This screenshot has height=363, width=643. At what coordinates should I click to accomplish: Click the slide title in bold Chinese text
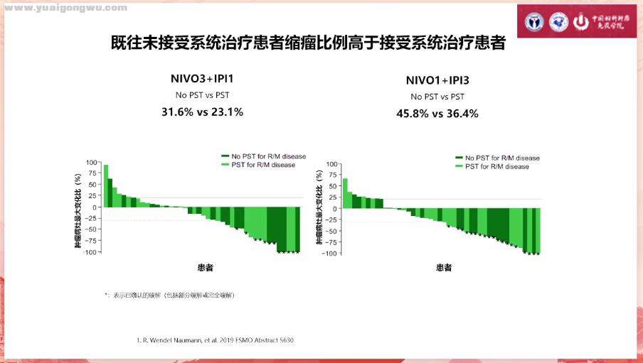point(309,43)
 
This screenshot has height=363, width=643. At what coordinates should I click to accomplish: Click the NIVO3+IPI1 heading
point(202,78)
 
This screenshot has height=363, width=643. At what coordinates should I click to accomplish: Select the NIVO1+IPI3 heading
point(437,80)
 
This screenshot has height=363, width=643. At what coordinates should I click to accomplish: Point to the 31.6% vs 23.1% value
point(202,112)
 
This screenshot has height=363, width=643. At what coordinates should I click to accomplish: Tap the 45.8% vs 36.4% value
point(437,113)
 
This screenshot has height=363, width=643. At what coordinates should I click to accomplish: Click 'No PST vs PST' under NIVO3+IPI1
point(202,94)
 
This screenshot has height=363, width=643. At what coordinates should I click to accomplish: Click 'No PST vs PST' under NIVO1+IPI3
point(437,97)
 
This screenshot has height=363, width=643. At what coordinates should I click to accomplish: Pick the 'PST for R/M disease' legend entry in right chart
point(496,166)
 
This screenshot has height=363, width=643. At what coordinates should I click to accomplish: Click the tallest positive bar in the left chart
point(106,185)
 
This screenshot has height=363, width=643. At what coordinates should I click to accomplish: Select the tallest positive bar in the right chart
point(345,193)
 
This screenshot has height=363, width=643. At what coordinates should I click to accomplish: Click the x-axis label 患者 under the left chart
point(206,268)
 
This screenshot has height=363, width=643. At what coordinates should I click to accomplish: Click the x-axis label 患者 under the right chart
point(444,268)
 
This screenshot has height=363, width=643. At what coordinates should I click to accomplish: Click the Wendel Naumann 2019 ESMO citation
point(215,340)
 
